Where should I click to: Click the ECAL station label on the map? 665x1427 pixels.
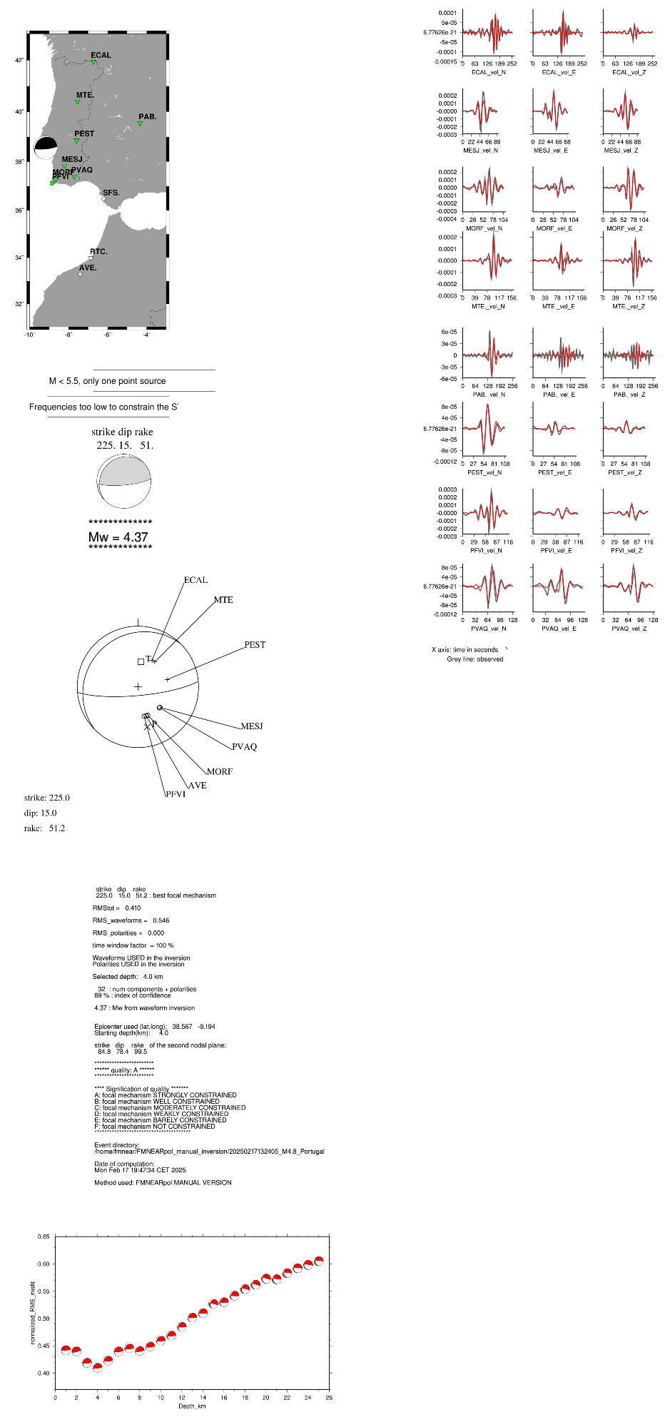tap(101, 55)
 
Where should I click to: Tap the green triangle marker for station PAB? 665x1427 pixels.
tap(140, 124)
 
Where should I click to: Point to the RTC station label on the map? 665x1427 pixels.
tap(98, 252)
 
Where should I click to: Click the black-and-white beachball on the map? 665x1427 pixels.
tap(46, 148)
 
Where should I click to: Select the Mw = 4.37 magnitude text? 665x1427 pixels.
tap(118, 537)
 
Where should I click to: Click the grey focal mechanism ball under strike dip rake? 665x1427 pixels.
tap(124, 480)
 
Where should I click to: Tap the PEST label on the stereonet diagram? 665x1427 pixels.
tap(255, 645)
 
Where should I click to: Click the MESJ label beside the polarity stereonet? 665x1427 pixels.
tap(252, 726)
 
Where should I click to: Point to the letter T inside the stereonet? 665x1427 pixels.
tap(148, 660)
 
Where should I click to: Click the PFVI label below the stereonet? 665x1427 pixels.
tap(176, 794)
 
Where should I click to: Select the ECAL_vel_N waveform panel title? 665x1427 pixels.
tap(488, 72)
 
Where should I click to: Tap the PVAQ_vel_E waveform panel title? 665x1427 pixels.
tap(559, 629)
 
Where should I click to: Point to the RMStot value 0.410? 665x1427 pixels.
tap(133, 908)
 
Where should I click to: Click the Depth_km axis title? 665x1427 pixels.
tap(192, 1406)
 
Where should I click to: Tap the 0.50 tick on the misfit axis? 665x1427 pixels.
tap(44, 1319)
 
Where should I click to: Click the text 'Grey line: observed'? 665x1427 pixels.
tap(475, 659)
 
